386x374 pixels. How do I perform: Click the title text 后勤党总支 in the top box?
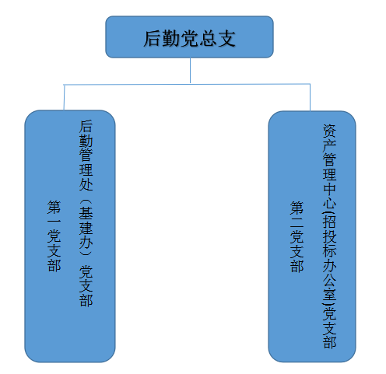[x=190, y=39]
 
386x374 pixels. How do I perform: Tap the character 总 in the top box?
[x=209, y=39]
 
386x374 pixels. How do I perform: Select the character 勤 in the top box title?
[x=171, y=39]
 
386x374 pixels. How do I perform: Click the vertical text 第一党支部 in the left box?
[x=54, y=236]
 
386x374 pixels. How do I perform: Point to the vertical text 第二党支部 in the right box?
[x=297, y=236]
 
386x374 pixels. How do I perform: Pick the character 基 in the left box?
[x=86, y=213]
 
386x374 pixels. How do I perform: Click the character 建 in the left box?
[x=86, y=228]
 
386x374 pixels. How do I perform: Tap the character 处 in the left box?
[x=86, y=184]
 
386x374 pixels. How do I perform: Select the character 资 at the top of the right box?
[x=329, y=131]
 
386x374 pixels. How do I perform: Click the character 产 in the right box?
[x=329, y=145]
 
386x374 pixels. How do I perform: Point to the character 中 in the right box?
[x=329, y=190]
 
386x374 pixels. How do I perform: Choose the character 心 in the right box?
[x=329, y=204]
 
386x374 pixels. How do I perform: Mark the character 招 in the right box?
[x=330, y=221]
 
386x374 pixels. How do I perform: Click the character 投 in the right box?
[x=329, y=236]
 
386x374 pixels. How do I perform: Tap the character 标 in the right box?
[x=329, y=250]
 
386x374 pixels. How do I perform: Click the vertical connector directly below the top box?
[x=190, y=70]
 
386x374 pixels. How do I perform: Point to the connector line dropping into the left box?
[x=64, y=97]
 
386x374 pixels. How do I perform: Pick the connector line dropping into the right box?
[x=310, y=97]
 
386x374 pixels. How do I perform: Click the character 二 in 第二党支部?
[x=297, y=222]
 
